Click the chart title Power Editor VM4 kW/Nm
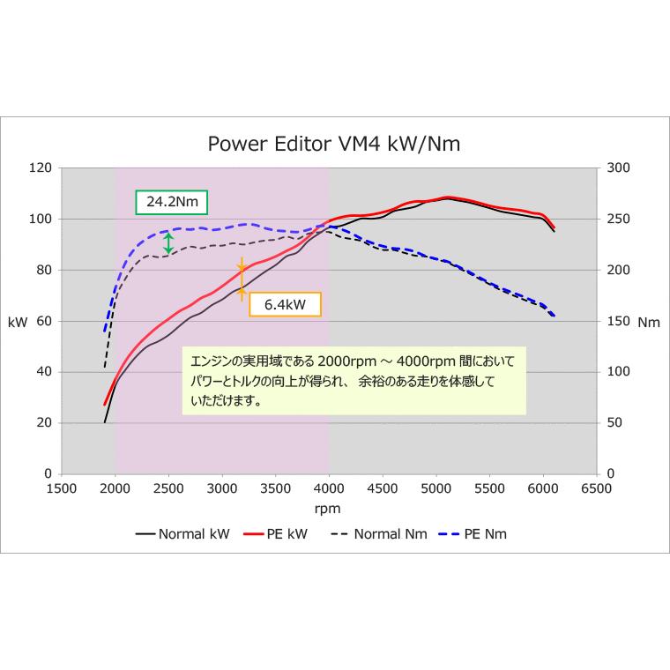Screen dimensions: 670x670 [x=333, y=144]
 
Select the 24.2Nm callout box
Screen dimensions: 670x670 [x=172, y=202]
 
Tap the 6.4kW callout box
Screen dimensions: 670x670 [x=285, y=304]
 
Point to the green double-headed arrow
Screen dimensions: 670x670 [x=168, y=243]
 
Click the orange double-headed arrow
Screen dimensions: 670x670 [x=241, y=279]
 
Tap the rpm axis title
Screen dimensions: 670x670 [x=327, y=509]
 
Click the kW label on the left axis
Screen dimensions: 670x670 [x=18, y=323]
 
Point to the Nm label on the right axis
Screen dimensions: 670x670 [x=648, y=323]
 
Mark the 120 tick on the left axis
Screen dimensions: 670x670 [x=41, y=167]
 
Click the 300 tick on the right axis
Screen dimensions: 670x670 [x=617, y=167]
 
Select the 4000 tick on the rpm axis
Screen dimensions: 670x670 [x=329, y=487]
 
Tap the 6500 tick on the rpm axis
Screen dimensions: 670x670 [x=597, y=487]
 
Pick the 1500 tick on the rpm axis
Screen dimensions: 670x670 [x=61, y=487]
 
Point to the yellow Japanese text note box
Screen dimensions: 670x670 [x=354, y=381]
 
